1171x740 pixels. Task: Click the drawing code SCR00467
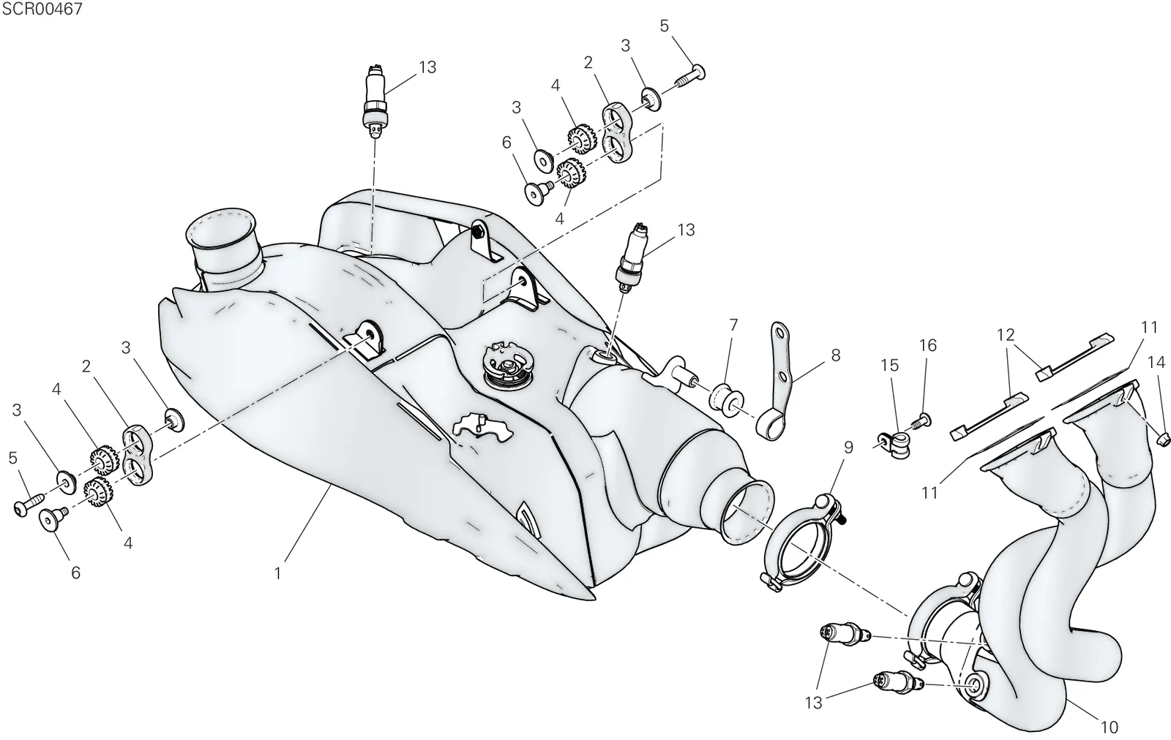click(42, 9)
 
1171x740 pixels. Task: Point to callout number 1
click(277, 573)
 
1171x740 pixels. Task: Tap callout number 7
click(733, 325)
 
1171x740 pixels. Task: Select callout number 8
click(835, 355)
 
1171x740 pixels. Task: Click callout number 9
click(848, 448)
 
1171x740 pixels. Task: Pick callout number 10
click(1110, 727)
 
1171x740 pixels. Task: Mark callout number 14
click(1156, 362)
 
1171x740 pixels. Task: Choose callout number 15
click(890, 365)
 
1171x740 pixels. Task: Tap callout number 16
click(928, 345)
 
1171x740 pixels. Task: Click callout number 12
click(1006, 335)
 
